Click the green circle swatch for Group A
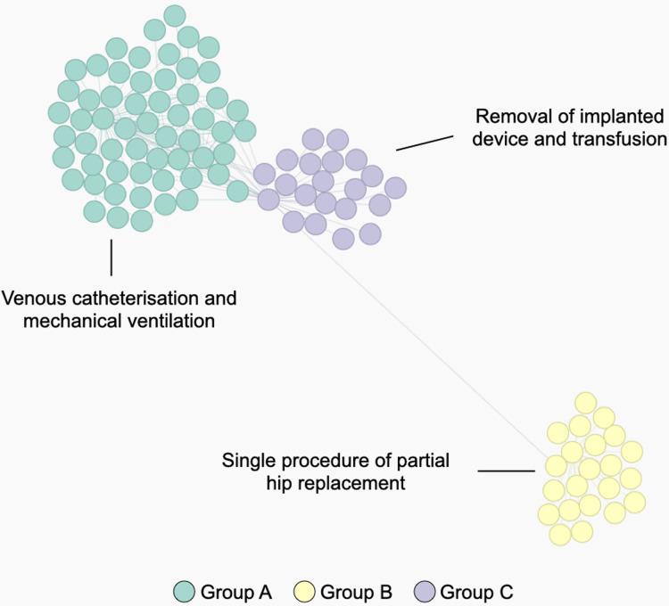[x=183, y=590]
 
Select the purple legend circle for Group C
[x=425, y=590]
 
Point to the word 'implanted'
[x=617, y=117]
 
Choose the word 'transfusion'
[x=622, y=139]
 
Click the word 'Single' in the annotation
[x=247, y=462]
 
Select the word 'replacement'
[x=362, y=484]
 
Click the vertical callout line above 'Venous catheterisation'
[x=111, y=257]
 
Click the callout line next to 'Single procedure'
[x=505, y=469]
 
